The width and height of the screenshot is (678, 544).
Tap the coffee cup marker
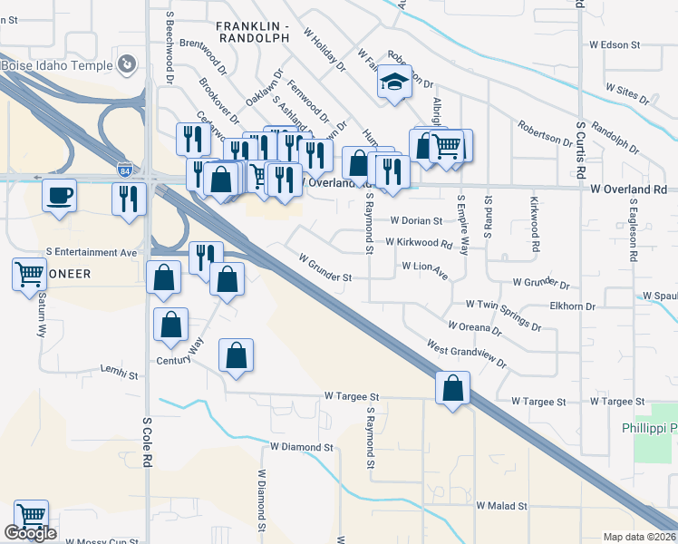coord(60,196)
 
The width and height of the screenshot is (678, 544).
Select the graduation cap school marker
coord(395,83)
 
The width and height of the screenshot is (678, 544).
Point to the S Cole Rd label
coord(145,442)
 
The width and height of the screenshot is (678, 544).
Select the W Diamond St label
coord(302,447)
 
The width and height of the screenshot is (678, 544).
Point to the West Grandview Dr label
coord(467,354)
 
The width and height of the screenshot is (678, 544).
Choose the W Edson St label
coord(615,44)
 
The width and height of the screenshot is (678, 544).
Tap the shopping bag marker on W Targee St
coord(453,388)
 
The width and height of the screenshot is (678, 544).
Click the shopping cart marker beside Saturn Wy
coord(30,274)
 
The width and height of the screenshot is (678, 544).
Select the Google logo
coord(30,533)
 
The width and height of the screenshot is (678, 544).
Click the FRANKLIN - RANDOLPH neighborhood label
coord(253,32)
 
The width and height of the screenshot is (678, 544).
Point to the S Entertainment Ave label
coord(96,252)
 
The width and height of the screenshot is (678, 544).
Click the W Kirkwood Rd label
coord(418,243)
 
